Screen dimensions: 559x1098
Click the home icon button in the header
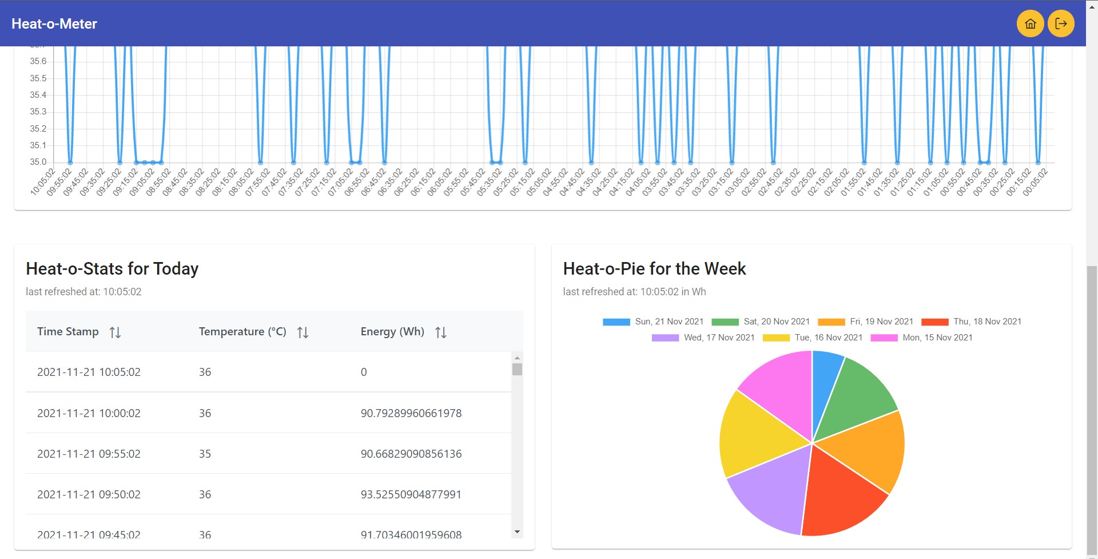click(1030, 23)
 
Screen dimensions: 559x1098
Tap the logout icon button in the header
click(1061, 23)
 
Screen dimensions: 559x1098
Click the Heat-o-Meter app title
click(54, 24)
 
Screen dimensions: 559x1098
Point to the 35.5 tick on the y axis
click(38, 78)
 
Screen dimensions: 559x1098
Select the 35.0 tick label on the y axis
click(38, 162)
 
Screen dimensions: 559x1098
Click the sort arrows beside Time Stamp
click(115, 332)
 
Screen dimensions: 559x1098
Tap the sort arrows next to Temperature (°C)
click(303, 332)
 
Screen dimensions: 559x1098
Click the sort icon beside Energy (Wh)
click(440, 332)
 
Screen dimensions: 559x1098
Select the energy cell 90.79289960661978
click(411, 413)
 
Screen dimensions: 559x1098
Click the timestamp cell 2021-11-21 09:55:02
click(89, 454)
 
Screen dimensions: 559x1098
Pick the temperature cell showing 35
click(205, 454)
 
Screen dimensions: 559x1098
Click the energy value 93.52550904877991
click(411, 494)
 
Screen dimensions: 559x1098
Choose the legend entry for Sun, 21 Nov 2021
click(653, 322)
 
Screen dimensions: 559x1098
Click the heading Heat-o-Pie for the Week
click(654, 269)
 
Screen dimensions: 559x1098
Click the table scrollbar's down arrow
click(517, 532)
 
